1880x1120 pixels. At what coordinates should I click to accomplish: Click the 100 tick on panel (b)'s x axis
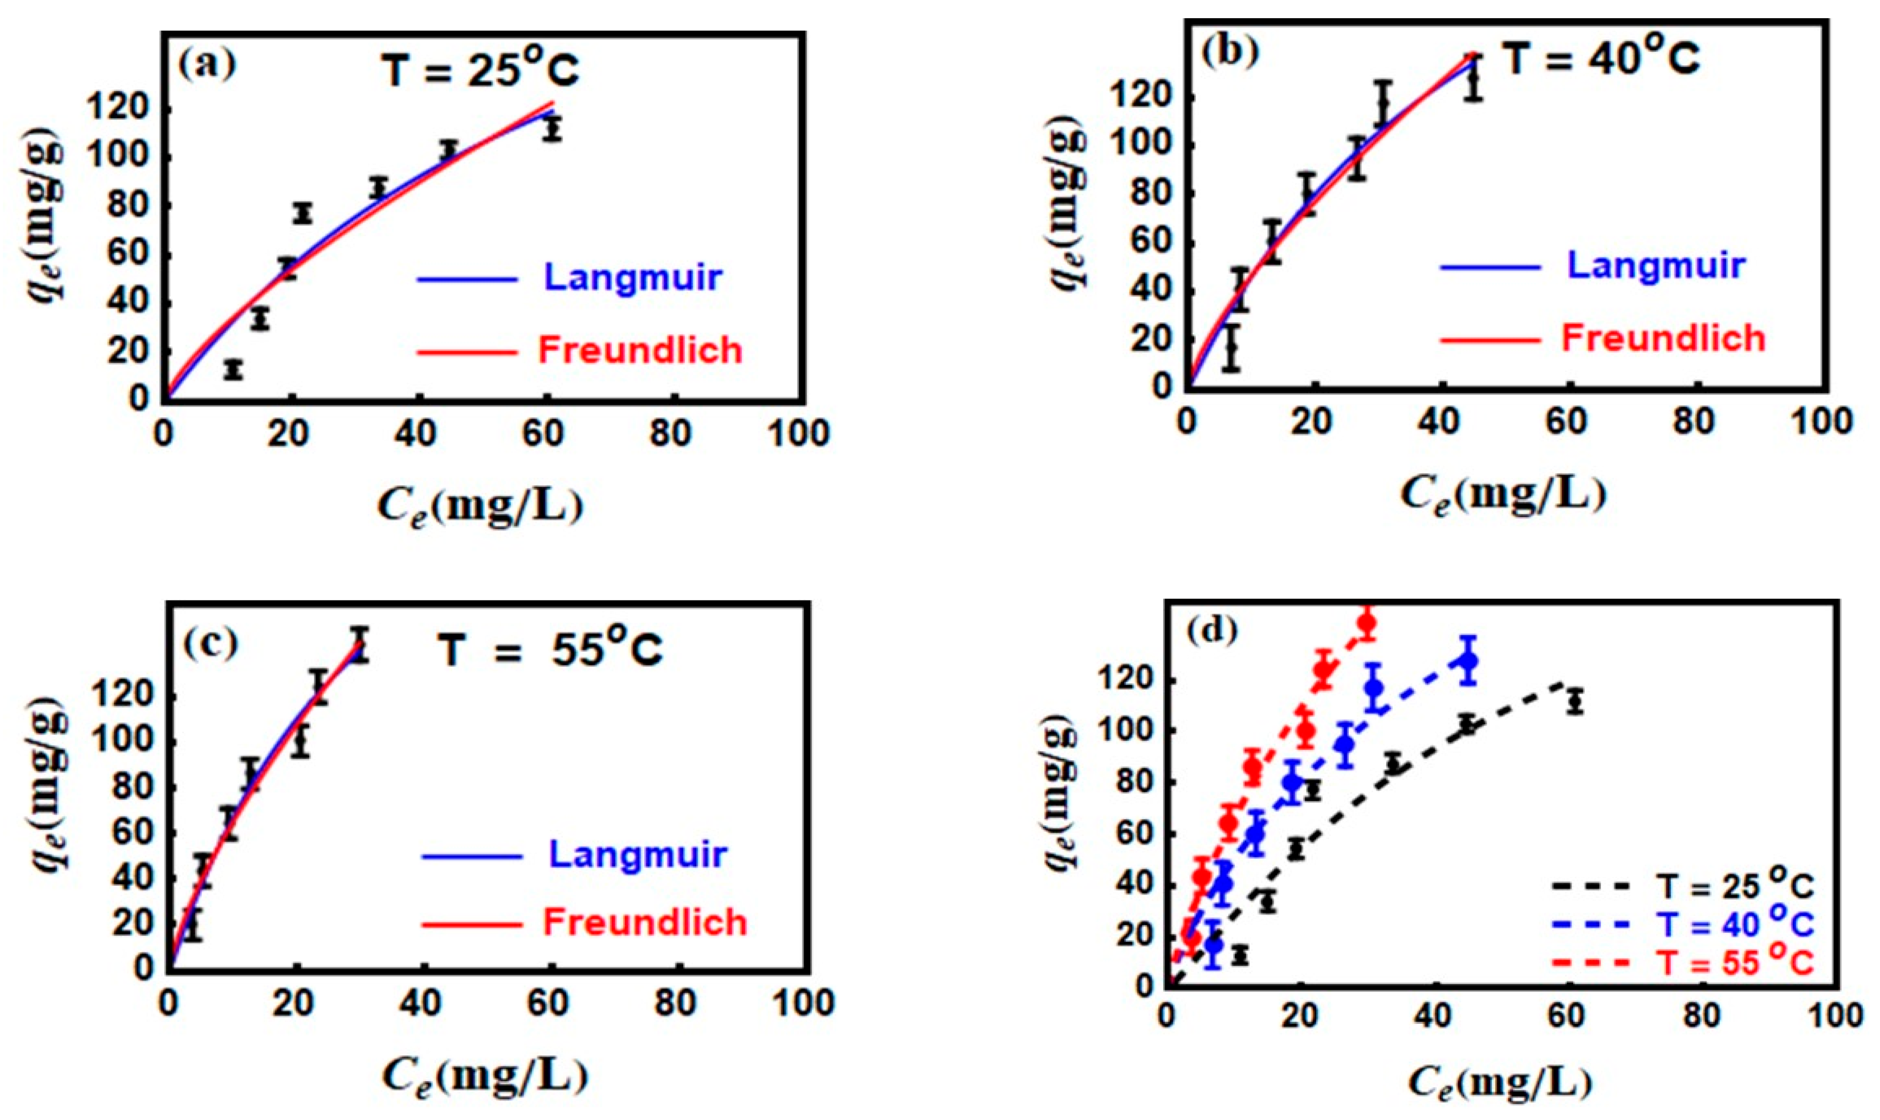1820,423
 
